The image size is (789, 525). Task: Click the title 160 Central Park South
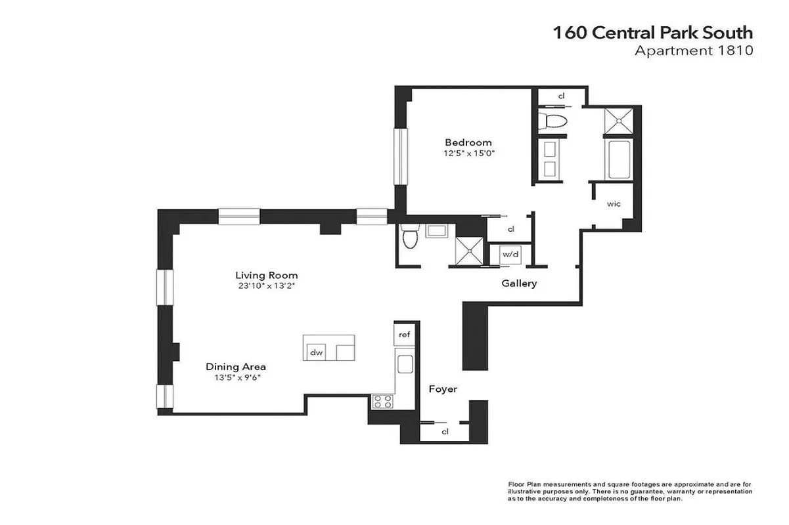tap(652, 33)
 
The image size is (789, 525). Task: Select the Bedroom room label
tap(468, 142)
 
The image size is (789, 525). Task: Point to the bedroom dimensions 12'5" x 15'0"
tap(468, 154)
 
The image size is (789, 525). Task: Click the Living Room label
tap(267, 276)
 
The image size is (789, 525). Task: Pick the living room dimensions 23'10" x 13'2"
tap(267, 287)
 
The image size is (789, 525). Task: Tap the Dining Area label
tap(236, 367)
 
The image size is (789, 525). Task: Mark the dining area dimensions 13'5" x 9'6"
tap(236, 378)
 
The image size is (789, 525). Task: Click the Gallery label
tap(519, 283)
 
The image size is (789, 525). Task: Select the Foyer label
tap(443, 389)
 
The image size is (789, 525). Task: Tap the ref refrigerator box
tap(404, 335)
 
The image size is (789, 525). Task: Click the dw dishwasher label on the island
tap(317, 352)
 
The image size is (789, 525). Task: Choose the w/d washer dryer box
tap(510, 254)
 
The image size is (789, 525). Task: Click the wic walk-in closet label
tap(614, 204)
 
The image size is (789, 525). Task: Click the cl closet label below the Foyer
tap(445, 432)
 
